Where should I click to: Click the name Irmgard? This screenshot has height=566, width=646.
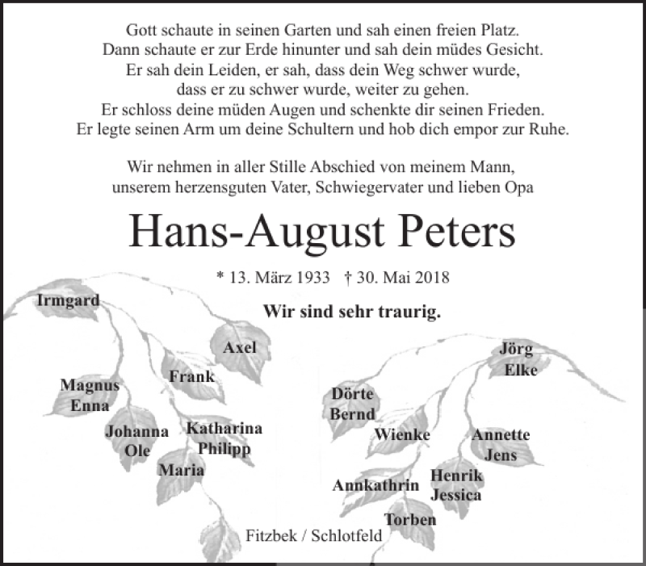[68, 301]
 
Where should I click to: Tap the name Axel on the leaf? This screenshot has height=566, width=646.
[240, 347]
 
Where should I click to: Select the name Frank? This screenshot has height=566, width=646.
[191, 376]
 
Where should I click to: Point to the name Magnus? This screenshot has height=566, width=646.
[90, 387]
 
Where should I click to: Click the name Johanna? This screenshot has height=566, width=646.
[136, 432]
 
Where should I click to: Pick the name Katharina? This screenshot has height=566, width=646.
[224, 429]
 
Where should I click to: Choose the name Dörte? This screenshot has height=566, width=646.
[352, 394]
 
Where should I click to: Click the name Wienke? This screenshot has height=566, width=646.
[401, 435]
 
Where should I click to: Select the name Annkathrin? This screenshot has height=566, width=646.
[375, 485]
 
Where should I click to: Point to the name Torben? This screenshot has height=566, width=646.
[409, 519]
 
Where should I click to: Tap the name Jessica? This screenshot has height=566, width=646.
[456, 495]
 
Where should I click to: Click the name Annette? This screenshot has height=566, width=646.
[501, 435]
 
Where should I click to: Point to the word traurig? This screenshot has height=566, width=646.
[407, 311]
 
